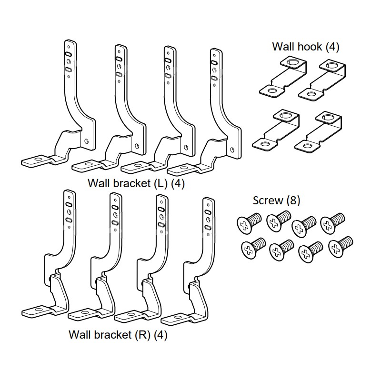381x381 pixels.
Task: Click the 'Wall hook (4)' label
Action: (x=305, y=47)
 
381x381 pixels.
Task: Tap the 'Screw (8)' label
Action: (x=276, y=200)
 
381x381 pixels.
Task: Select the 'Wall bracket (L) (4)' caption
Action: (x=136, y=183)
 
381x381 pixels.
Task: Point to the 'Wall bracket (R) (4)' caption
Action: (x=118, y=335)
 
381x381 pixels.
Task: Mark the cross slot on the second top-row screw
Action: (x=273, y=221)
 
